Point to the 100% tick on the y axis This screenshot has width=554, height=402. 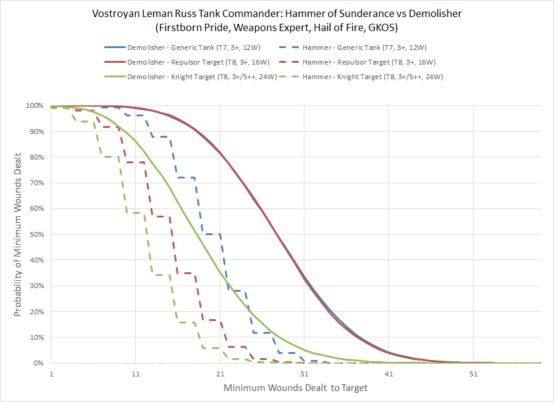click(x=35, y=106)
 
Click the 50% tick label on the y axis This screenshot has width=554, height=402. click(x=36, y=234)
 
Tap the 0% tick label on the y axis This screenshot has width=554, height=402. click(x=38, y=363)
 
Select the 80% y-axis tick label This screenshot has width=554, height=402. click(x=36, y=157)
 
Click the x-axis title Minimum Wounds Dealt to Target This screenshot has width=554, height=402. click(x=295, y=387)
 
